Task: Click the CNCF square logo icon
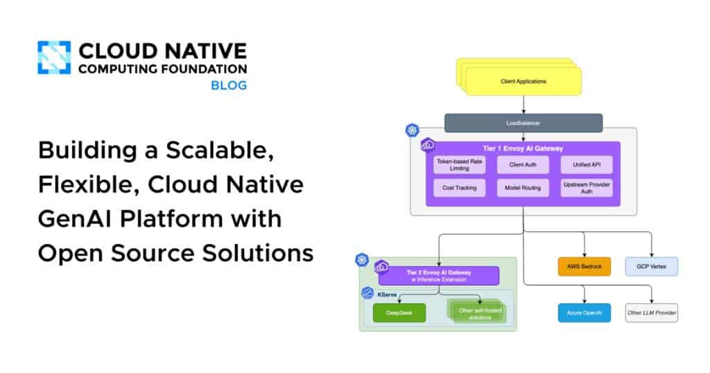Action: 54,58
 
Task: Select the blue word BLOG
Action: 229,86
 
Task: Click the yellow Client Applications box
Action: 523,82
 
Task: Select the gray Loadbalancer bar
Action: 523,123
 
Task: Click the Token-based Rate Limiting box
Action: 458,165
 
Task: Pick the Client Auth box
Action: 523,165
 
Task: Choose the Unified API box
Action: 587,165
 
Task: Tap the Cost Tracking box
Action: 458,188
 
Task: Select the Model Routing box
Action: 523,188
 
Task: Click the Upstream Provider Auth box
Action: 587,188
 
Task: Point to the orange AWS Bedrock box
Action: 585,267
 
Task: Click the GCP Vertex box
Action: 651,267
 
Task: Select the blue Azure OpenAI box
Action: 585,313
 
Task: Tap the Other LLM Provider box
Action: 651,313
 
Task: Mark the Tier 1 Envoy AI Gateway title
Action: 523,148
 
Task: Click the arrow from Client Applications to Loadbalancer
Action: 523,105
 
